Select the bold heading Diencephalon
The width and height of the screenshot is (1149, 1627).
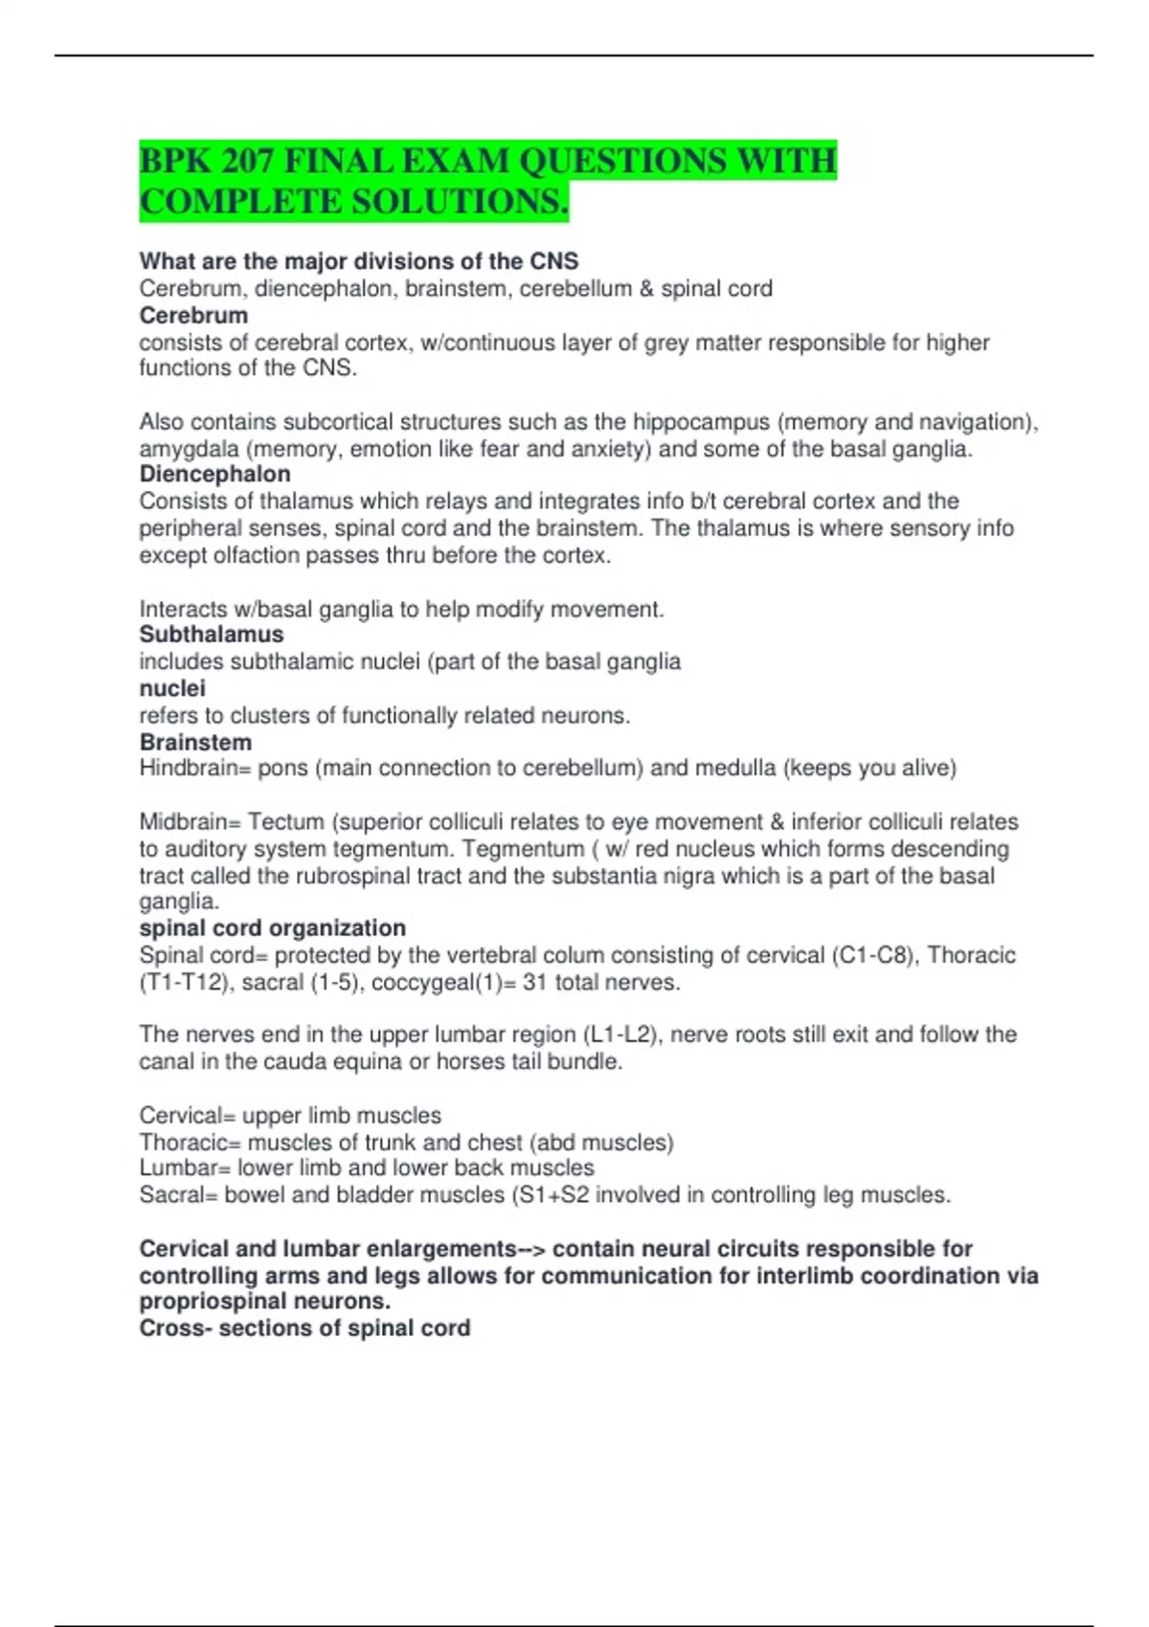tap(214, 474)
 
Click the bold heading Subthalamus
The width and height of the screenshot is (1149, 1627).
tap(212, 635)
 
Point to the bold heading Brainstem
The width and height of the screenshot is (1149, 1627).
tap(195, 742)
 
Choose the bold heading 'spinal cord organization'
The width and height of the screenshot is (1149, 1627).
tap(272, 927)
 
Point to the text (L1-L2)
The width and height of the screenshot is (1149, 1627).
tap(620, 1035)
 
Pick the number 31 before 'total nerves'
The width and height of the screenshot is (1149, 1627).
tap(534, 982)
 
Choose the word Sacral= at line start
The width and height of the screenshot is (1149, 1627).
tap(179, 1194)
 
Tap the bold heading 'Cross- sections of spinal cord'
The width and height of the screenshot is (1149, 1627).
tap(304, 1328)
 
